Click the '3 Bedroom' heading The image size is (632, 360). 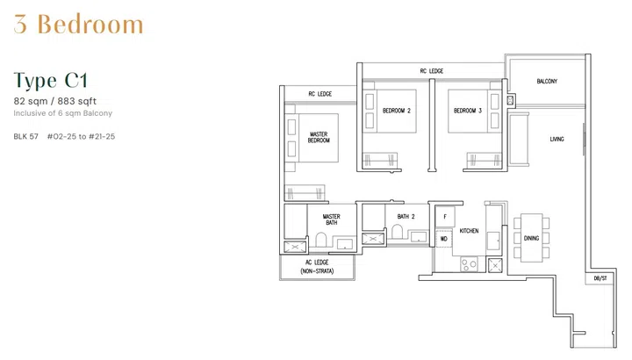[78, 25]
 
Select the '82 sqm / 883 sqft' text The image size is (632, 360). [54, 102]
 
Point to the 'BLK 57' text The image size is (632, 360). [26, 136]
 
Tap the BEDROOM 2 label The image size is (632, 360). [397, 111]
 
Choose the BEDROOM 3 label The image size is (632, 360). [468, 111]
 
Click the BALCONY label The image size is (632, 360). [547, 82]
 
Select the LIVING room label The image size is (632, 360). [557, 140]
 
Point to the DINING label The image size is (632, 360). [532, 238]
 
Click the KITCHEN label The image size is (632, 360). [470, 231]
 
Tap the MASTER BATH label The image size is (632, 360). [331, 220]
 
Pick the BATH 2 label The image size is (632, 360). [406, 216]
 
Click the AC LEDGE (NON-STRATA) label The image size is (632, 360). [317, 267]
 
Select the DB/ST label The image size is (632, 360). [600, 278]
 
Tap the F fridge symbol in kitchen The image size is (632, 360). [444, 216]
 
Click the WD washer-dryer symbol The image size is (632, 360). [443, 238]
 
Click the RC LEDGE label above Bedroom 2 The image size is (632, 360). [431, 71]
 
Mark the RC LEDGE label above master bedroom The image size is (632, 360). [319, 93]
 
